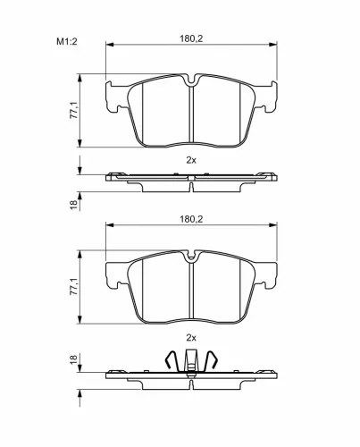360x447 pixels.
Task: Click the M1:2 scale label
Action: (67, 41)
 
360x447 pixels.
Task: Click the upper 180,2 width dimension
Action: (191, 38)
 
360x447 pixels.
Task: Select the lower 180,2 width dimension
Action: (191, 219)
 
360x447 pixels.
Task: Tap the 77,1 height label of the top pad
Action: (73, 110)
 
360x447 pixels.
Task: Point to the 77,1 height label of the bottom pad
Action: (73, 286)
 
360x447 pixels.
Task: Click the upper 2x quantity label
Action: (191, 160)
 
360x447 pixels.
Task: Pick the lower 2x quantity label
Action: (191, 338)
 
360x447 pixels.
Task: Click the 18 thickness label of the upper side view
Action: (73, 205)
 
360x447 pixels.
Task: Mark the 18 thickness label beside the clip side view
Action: (73, 359)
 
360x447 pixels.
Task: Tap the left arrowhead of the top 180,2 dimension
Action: (110, 45)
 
